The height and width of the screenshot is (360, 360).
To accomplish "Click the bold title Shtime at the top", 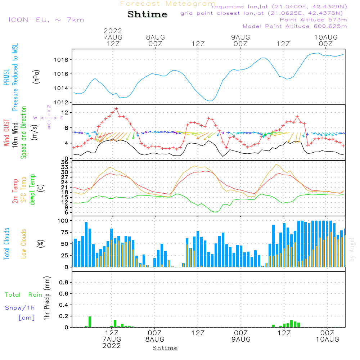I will [x=147, y=14].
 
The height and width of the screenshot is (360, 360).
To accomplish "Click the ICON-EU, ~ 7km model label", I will [x=46, y=19].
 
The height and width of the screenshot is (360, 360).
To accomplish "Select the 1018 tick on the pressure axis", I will [x=63, y=60].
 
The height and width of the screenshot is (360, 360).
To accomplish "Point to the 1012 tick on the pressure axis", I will [x=63, y=102].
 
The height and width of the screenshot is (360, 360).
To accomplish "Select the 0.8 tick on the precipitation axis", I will [x=64, y=283].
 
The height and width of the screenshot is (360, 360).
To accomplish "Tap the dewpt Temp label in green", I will [x=32, y=190].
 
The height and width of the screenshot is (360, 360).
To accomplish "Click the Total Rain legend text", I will [x=23, y=295].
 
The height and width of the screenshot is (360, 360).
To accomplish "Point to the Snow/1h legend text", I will [x=20, y=308].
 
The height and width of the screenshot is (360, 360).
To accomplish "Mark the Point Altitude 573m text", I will [x=313, y=19].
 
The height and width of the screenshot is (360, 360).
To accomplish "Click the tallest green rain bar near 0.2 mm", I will [x=90, y=321].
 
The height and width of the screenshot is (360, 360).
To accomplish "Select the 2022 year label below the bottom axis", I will [x=112, y=346].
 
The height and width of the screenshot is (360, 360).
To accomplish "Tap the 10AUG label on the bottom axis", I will [x=327, y=339].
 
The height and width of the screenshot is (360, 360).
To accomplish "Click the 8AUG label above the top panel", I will [x=155, y=37].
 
